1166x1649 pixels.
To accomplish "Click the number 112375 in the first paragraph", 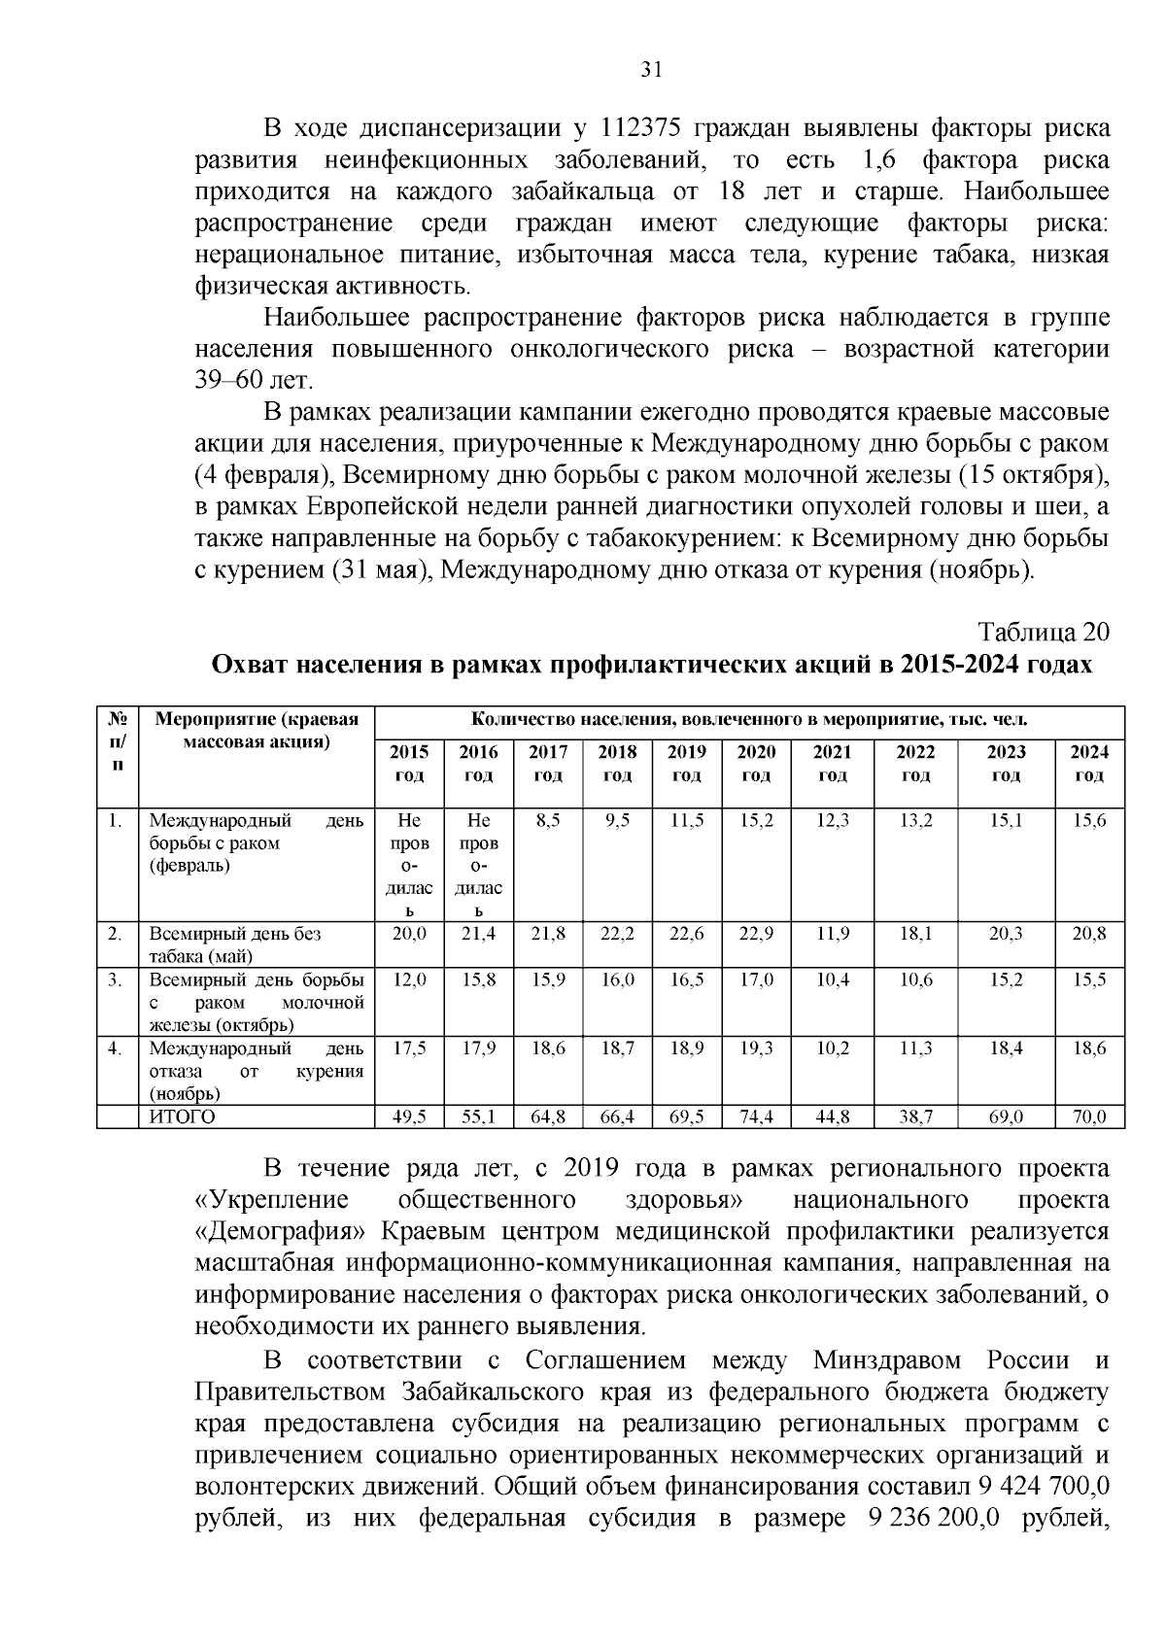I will pyautogui.click(x=653, y=128).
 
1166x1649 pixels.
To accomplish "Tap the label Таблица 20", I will pyautogui.click(x=1044, y=632).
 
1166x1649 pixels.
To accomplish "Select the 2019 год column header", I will pyautogui.click(x=687, y=764).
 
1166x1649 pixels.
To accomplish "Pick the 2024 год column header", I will pyautogui.click(x=1089, y=764).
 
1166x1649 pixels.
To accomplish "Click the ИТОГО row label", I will pyautogui.click(x=183, y=1117).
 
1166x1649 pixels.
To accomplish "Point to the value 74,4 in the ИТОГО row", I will pyautogui.click(x=756, y=1117).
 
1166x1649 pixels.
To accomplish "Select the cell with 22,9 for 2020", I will pyautogui.click(x=756, y=934).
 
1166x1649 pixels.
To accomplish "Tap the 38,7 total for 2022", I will pyautogui.click(x=915, y=1117).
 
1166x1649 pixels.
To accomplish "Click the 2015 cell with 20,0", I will pyautogui.click(x=409, y=934).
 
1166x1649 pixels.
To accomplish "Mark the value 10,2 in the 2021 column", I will pyautogui.click(x=832, y=1048).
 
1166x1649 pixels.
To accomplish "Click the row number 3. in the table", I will pyautogui.click(x=115, y=979).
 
